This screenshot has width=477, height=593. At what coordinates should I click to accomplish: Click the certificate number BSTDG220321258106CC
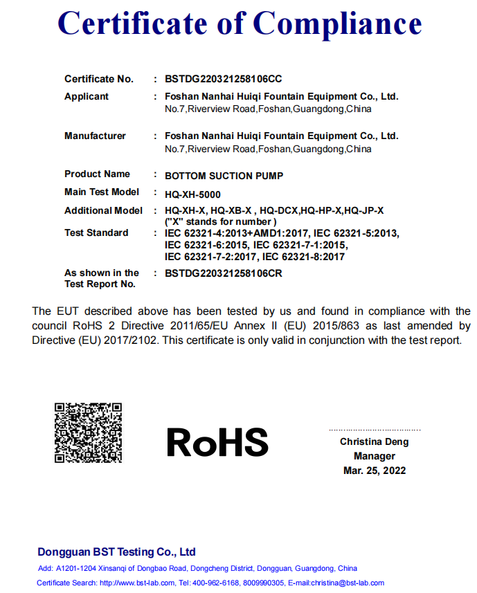point(223,79)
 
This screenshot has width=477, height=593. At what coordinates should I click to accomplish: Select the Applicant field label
point(87,97)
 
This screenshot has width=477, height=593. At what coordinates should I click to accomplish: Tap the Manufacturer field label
point(95,136)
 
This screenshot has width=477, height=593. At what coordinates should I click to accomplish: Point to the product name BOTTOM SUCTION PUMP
point(224,176)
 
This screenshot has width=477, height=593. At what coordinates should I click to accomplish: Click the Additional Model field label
point(103,210)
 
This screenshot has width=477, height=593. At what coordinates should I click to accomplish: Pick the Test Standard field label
point(96,232)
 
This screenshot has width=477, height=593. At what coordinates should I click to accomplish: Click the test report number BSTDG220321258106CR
point(223,273)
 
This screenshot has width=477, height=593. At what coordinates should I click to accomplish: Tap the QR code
point(89,432)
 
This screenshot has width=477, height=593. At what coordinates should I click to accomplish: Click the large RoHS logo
point(217,442)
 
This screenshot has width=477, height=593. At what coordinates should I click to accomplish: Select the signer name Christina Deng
point(374,441)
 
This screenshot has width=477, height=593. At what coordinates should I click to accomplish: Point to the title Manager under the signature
point(375,456)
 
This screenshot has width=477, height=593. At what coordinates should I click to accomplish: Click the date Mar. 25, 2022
point(375,471)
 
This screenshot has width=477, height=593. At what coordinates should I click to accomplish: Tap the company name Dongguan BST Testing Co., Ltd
point(116,552)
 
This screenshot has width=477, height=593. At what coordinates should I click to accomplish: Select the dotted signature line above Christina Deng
point(375,429)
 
